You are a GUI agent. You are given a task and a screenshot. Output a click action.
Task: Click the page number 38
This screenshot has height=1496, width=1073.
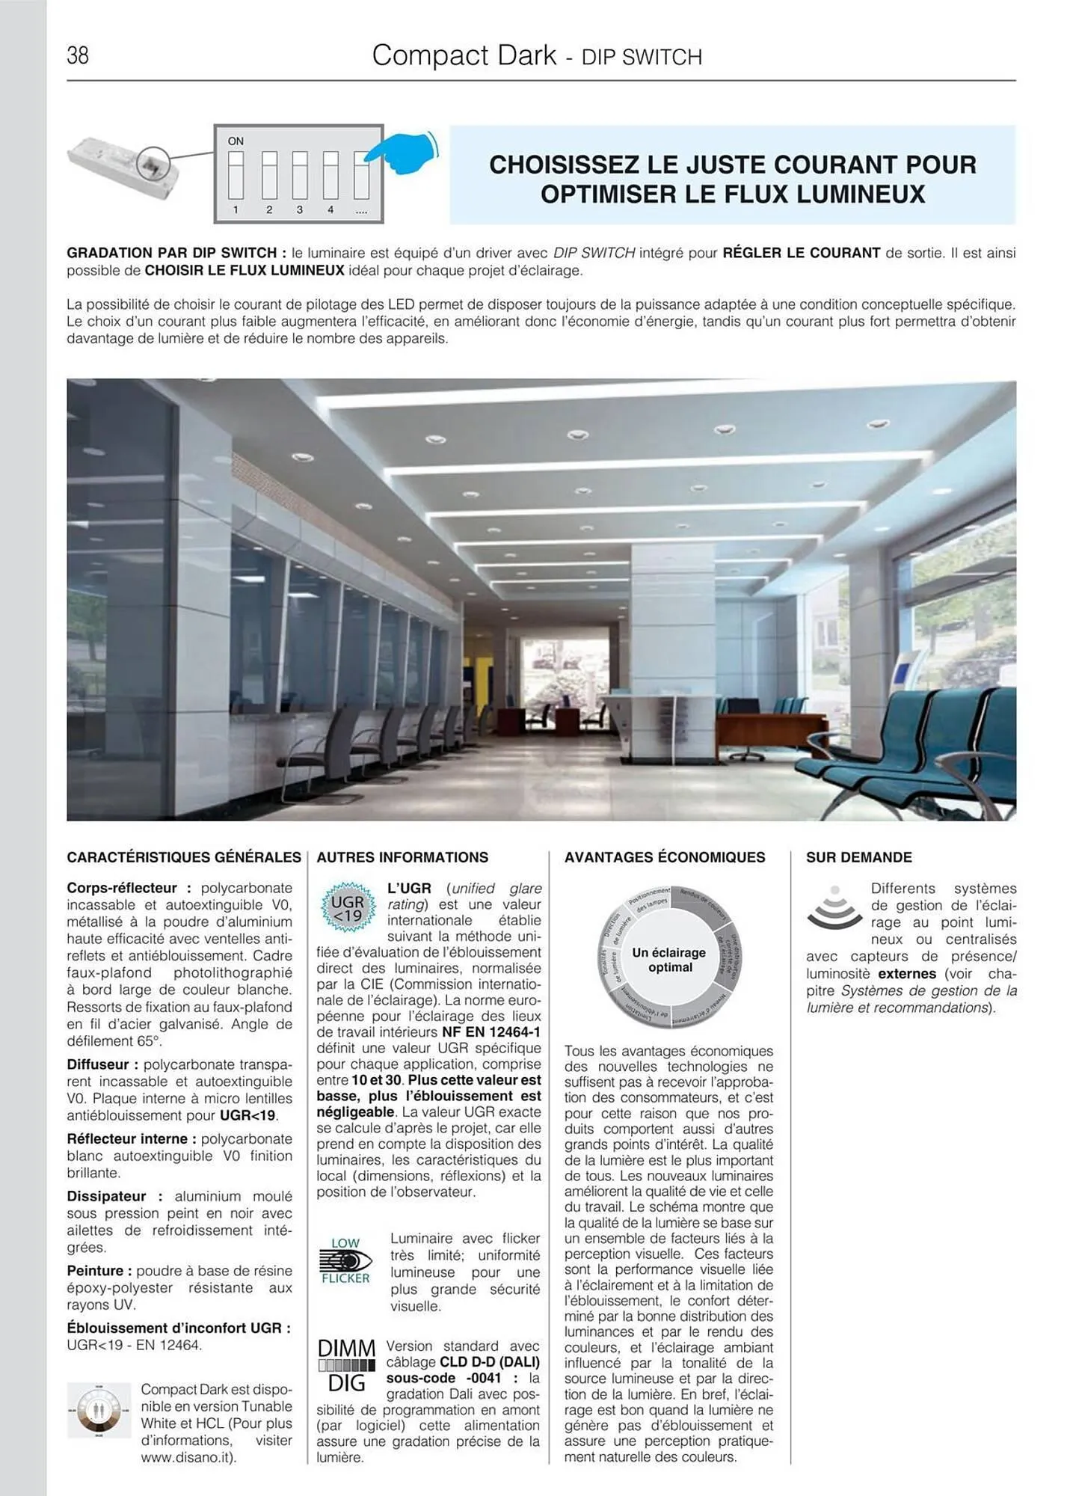pyautogui.click(x=78, y=55)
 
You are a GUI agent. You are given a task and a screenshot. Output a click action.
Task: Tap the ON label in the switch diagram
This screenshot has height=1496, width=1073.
pyautogui.click(x=236, y=141)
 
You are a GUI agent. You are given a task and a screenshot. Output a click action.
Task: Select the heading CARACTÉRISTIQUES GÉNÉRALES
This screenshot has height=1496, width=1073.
pyautogui.click(x=184, y=857)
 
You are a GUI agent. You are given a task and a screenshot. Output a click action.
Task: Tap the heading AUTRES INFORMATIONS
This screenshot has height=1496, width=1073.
pyautogui.click(x=402, y=857)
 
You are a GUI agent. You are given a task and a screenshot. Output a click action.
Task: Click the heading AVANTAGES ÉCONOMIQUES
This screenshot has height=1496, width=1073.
pyautogui.click(x=665, y=857)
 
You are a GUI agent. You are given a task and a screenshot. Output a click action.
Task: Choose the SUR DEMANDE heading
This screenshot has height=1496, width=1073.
pyautogui.click(x=858, y=857)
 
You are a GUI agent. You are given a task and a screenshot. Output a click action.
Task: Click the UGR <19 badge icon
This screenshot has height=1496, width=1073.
pyautogui.click(x=347, y=908)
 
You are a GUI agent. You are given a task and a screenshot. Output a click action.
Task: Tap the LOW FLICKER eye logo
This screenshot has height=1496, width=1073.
pyautogui.click(x=345, y=1260)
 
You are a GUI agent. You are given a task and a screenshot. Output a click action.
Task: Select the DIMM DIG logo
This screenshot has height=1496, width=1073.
pyautogui.click(x=347, y=1365)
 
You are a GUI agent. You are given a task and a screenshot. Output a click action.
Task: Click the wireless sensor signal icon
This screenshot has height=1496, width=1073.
pyautogui.click(x=834, y=908)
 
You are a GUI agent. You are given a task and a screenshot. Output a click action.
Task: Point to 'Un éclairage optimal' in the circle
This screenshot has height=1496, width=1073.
pyautogui.click(x=669, y=960)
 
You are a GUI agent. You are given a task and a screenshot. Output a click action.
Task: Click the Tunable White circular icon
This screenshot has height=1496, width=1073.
pyautogui.click(x=99, y=1410)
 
